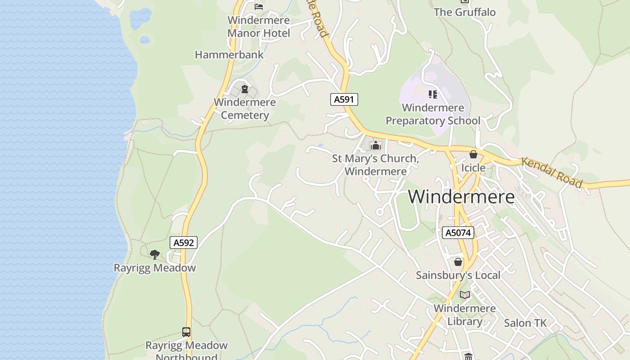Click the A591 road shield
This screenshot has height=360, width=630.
[x=344, y=99]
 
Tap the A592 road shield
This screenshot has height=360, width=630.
[x=184, y=243]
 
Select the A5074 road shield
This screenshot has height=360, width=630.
[x=458, y=233]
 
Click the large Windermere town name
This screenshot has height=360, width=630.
[x=461, y=197]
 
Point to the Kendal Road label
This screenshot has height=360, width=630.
[x=552, y=173]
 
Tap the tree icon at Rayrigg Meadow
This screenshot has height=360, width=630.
[x=155, y=255]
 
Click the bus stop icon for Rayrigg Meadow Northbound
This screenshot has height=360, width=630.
[x=186, y=332]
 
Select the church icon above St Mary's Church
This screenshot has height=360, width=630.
[x=375, y=145]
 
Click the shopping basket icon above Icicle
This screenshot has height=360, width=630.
[x=473, y=155]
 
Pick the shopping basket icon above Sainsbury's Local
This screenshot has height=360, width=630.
[x=458, y=262]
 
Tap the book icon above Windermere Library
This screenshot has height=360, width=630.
[x=465, y=295]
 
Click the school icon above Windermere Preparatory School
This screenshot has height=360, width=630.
[x=433, y=94]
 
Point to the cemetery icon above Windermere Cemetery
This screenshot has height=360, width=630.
[x=245, y=89]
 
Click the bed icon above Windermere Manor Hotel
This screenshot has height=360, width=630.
[x=259, y=6]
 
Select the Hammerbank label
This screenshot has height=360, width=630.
[x=229, y=55]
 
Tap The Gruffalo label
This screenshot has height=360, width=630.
[x=464, y=12]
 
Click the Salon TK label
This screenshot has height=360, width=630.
[x=525, y=323]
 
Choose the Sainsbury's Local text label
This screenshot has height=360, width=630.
[x=458, y=275]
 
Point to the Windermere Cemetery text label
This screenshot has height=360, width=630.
[x=245, y=108]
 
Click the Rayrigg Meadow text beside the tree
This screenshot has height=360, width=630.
[x=155, y=268]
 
